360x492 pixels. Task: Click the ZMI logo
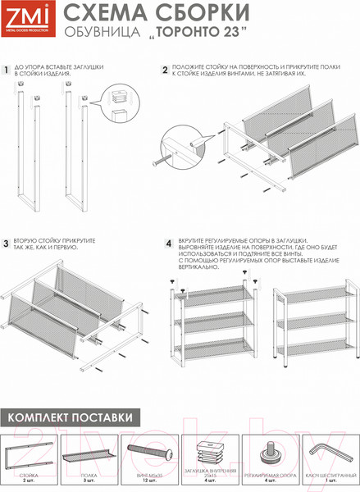click(25, 19)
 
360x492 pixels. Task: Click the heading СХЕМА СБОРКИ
click(157, 12)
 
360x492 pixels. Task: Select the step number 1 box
click(6, 71)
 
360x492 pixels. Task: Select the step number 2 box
click(165, 71)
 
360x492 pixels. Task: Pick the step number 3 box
click(6, 243)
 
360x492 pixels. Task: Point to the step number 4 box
click(168, 243)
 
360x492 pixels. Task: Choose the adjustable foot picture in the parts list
click(269, 453)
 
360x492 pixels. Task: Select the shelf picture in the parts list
click(90, 454)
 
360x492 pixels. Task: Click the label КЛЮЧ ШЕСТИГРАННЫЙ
click(330, 475)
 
